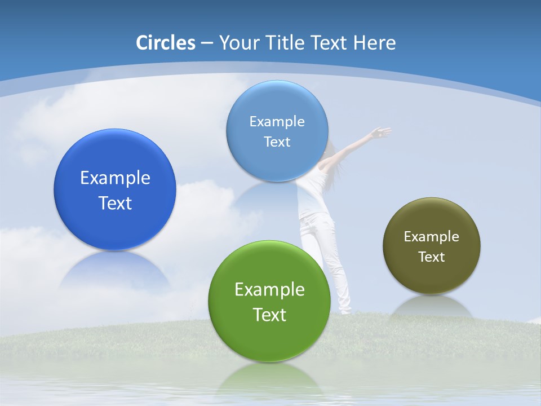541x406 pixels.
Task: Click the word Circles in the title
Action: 166,43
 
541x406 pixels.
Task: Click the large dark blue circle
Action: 115,169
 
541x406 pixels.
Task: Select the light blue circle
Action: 277,107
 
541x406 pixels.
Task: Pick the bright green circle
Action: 269,333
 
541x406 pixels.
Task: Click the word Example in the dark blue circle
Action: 115,178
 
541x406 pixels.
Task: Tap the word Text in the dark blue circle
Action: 115,203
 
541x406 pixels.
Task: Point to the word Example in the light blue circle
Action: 277,122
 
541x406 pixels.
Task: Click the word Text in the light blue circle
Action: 277,142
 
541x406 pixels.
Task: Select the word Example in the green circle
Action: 269,290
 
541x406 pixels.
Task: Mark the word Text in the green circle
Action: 269,315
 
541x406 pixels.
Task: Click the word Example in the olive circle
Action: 432,237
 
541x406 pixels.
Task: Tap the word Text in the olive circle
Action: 432,257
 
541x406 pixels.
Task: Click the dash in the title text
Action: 207,43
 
